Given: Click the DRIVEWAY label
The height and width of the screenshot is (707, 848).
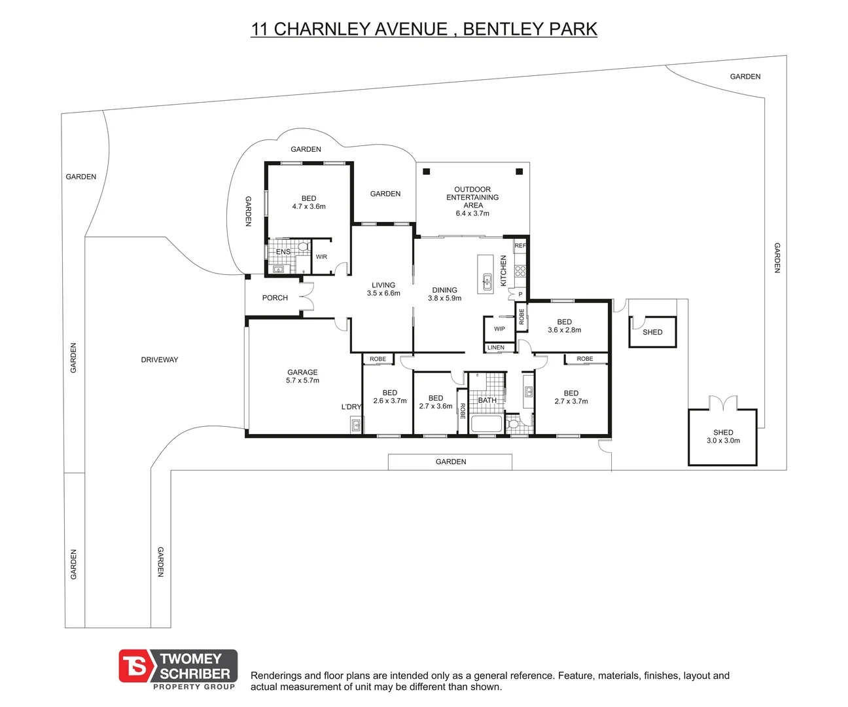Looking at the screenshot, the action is click(x=159, y=359).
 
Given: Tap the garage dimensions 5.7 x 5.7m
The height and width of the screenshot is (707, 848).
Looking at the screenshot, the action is click(x=302, y=381).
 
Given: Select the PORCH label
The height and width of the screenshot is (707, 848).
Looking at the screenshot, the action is click(x=275, y=298).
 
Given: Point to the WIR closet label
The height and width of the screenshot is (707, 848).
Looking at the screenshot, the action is click(x=321, y=257).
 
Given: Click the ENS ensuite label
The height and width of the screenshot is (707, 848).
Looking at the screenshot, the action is click(x=283, y=252).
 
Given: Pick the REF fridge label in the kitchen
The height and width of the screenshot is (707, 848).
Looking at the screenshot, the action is click(x=520, y=245).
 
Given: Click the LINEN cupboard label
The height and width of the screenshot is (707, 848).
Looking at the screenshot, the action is click(x=496, y=348).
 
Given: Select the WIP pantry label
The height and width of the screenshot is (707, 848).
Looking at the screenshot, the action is click(x=499, y=329).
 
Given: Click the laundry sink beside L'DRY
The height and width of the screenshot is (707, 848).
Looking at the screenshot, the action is click(x=356, y=426).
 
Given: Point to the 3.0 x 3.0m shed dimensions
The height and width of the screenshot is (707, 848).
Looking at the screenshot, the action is click(x=723, y=441).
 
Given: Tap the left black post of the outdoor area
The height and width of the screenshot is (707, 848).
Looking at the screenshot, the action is click(x=427, y=172).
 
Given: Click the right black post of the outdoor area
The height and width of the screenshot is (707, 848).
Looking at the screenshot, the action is click(x=519, y=172).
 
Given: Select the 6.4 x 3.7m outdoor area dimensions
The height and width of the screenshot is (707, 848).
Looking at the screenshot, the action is click(x=472, y=213).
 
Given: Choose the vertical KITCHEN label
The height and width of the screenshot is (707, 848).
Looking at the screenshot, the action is click(x=504, y=270).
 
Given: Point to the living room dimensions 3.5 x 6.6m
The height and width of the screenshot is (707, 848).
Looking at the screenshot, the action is click(x=383, y=293).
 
